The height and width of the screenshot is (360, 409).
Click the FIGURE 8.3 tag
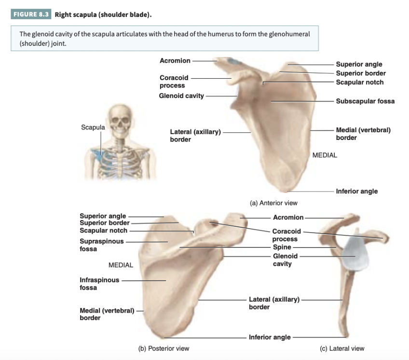pos(30,14)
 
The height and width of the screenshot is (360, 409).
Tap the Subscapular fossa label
pos(365,101)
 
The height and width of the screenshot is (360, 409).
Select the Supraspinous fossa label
pos(101,245)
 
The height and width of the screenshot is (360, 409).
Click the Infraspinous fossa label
pos(99,284)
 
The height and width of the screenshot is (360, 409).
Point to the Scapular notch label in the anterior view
pos(359,83)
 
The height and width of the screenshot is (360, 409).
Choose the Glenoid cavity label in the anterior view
pos(181,96)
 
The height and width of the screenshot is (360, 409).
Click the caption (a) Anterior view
pos(273,203)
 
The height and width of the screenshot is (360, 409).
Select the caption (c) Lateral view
pos(342,348)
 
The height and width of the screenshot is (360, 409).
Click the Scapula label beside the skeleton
pos(93,127)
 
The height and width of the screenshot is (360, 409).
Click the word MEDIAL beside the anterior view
pos(325,155)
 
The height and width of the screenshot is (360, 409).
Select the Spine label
pos(282,247)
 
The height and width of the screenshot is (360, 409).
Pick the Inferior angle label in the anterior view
pos(356,191)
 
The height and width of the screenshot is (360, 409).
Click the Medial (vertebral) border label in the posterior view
pos(107,314)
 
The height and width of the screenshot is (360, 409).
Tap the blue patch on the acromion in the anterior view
pos(235,61)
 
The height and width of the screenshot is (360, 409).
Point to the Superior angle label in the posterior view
pos(103,216)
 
